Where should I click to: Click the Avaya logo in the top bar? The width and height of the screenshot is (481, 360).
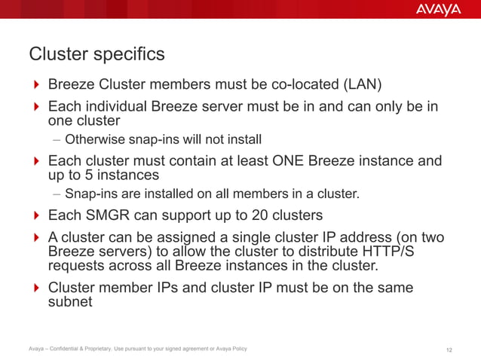pyautogui.click(x=437, y=10)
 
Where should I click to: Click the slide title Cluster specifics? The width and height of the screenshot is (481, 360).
pyautogui.click(x=96, y=55)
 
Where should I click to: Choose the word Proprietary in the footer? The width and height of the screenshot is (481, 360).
pyautogui.click(x=113, y=349)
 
